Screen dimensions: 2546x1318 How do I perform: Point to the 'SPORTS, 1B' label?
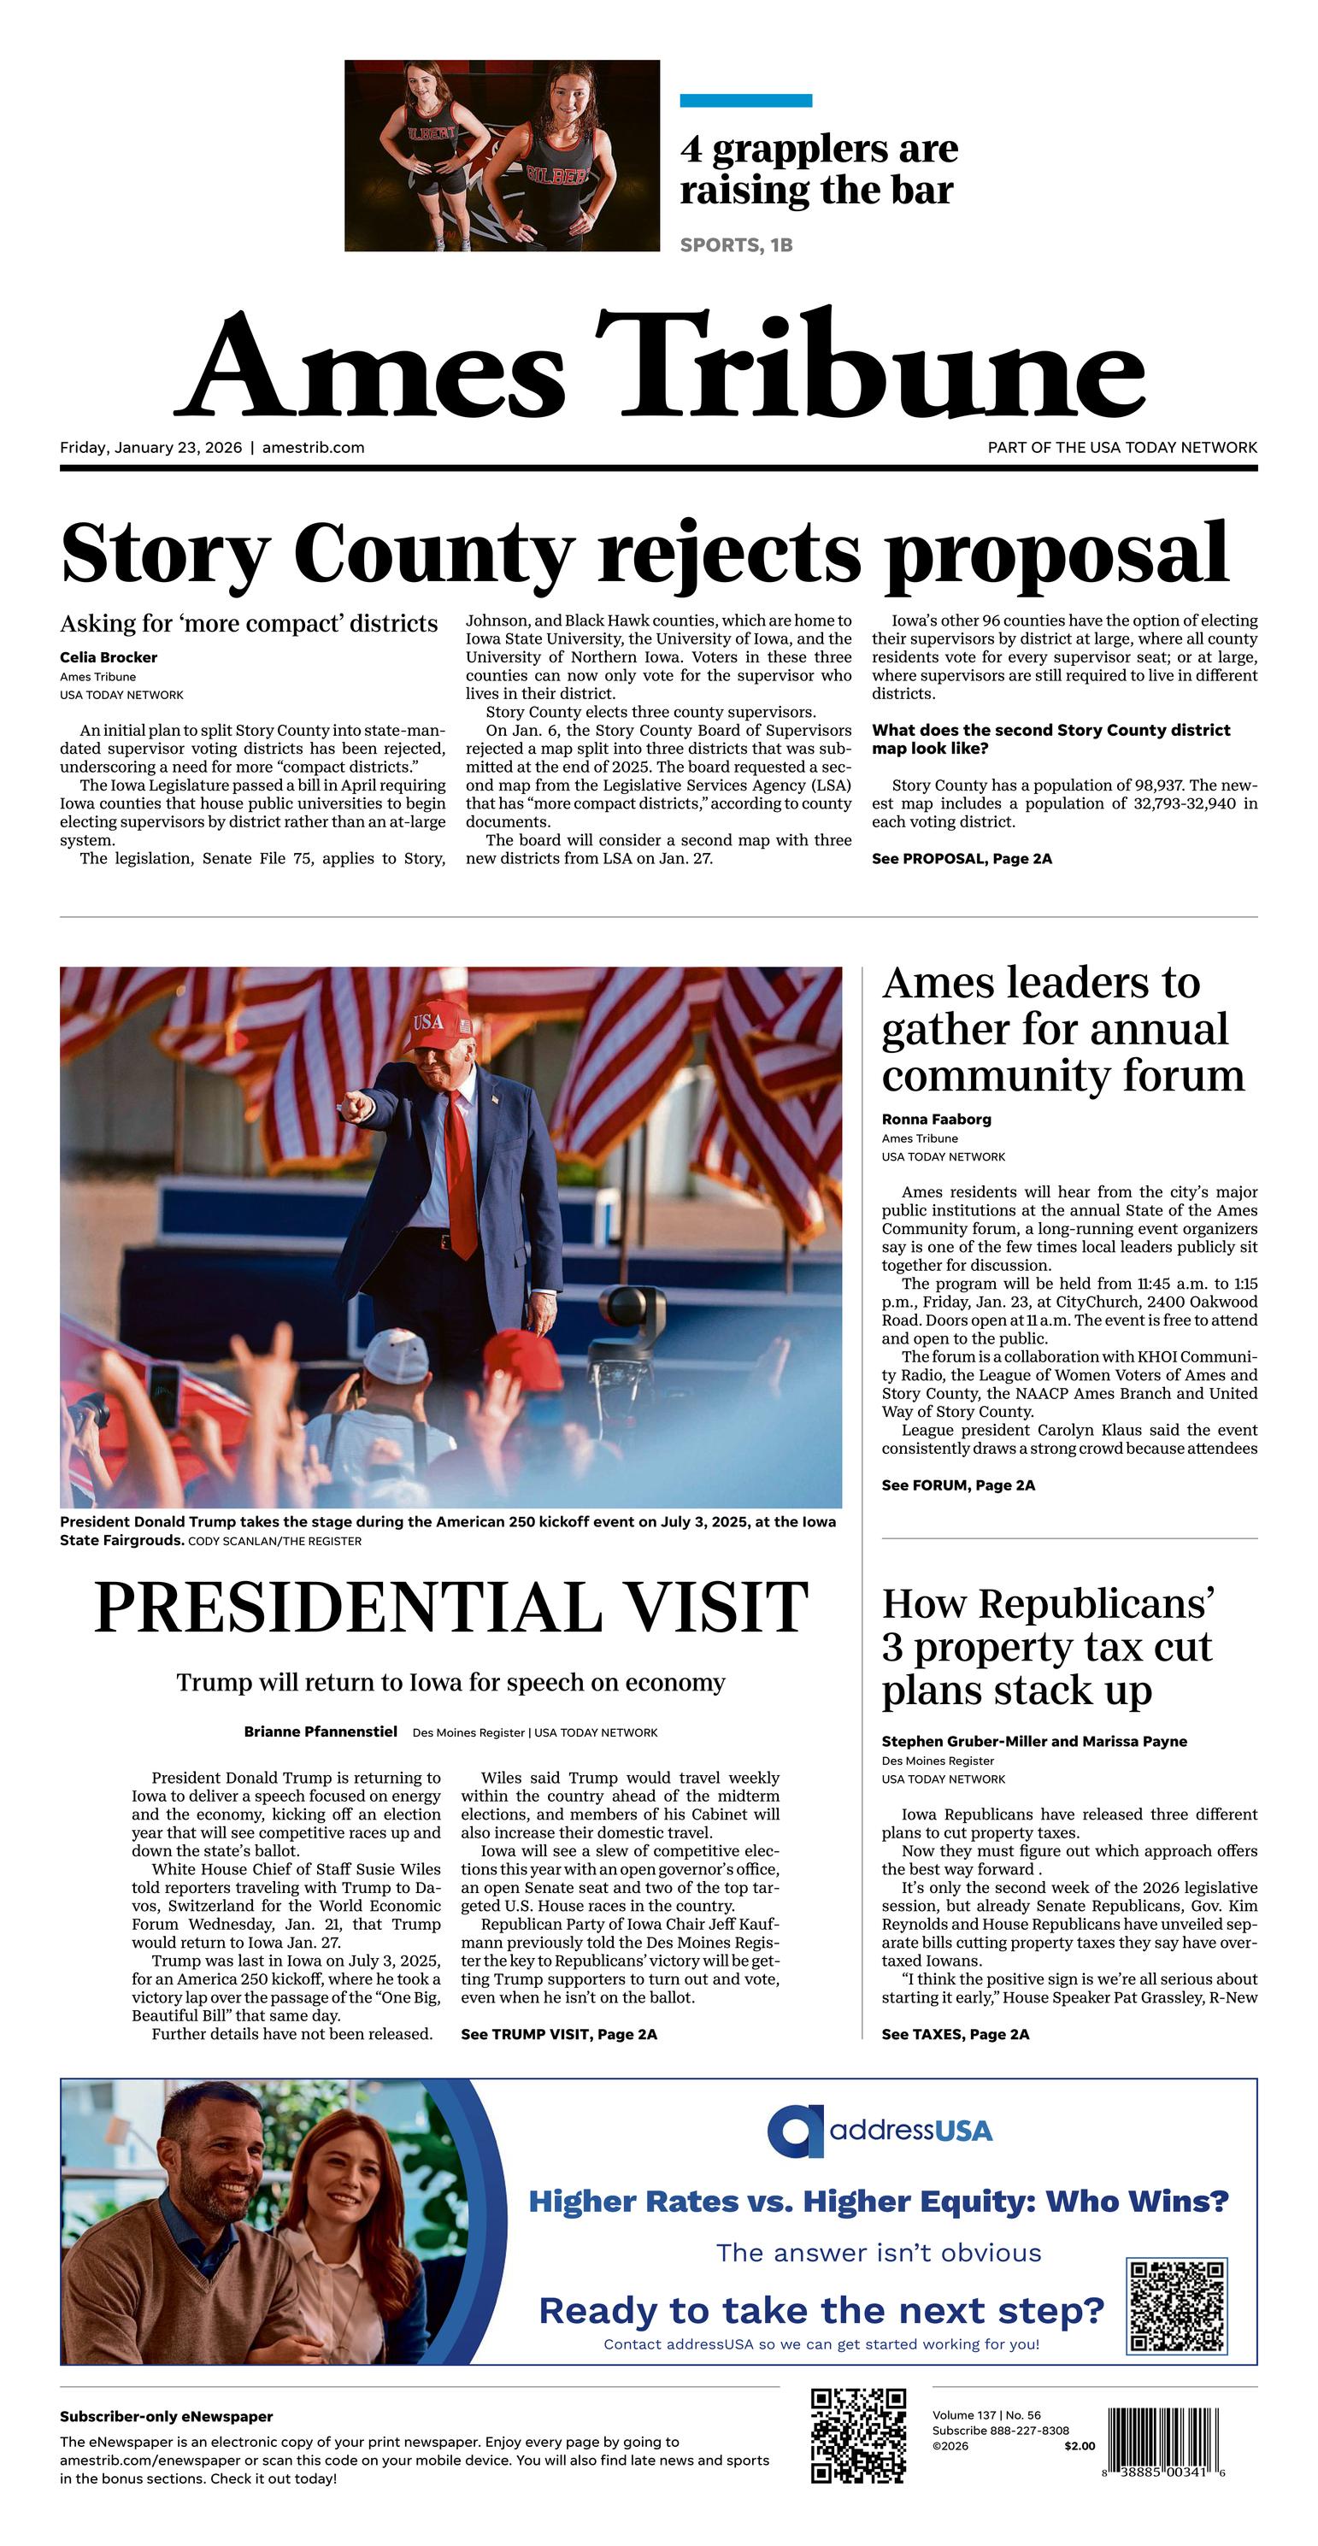tap(736, 245)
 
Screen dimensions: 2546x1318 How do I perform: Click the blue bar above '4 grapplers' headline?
tap(745, 101)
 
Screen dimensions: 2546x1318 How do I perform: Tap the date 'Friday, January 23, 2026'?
tap(150, 448)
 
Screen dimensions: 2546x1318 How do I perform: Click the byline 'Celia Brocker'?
tap(108, 657)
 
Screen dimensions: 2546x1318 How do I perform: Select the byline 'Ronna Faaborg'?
tap(935, 1120)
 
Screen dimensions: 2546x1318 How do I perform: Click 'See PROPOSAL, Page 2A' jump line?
tap(961, 859)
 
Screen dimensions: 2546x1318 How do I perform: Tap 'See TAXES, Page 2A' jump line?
tap(955, 2034)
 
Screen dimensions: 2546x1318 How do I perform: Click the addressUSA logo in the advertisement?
tap(879, 2130)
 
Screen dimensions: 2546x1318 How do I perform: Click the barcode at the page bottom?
tap(1166, 2441)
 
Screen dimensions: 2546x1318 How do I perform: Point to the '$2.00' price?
tap(1080, 2446)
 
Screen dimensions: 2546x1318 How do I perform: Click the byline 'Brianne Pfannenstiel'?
tap(321, 1732)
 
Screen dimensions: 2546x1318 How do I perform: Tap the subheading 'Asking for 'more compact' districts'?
tap(248, 624)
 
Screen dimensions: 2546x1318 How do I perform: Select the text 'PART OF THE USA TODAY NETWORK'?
tap(1122, 448)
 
